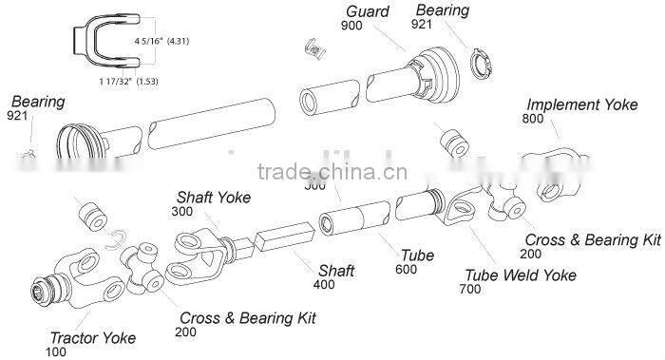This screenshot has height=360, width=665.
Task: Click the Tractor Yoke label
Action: click(92, 337)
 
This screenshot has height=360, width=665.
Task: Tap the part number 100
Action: click(58, 351)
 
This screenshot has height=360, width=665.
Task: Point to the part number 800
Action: click(533, 119)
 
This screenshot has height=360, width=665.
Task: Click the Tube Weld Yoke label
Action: click(519, 275)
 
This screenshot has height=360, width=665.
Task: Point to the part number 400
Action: click(325, 285)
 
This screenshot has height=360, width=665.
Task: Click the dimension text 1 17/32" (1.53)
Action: click(128, 83)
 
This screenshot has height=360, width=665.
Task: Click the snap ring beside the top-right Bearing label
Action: click(483, 65)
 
